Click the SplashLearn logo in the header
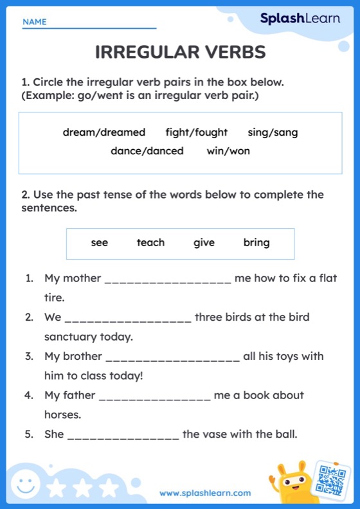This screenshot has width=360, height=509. point(300,19)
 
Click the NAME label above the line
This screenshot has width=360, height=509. point(35,22)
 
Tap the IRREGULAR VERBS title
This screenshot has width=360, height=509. point(180,53)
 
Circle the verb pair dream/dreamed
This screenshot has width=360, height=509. point(104,132)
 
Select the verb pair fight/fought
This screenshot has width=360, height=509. point(196,132)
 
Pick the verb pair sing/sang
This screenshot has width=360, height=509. point(273,132)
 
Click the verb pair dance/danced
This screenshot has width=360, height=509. point(147,151)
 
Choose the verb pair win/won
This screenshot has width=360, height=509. point(228,151)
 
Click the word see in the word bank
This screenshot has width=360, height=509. point(100,243)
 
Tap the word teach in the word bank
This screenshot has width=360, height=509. point(150,243)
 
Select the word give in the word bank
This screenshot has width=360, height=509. point(204,243)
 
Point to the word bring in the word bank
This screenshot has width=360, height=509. point(256,243)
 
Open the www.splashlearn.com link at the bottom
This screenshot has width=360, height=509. point(205,493)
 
